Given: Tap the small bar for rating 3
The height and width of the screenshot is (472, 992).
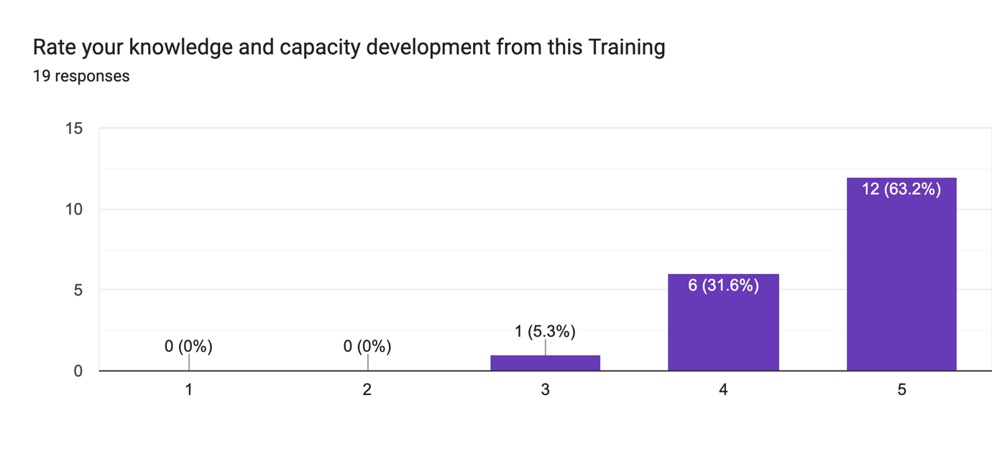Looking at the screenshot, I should (545, 363).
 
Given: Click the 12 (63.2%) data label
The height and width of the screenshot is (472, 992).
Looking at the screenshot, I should (901, 189).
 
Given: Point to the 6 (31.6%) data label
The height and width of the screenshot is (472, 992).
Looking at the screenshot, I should (723, 286).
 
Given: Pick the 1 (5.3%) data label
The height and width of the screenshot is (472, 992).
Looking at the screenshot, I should (545, 332).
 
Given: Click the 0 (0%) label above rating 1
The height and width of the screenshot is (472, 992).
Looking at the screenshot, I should (188, 347).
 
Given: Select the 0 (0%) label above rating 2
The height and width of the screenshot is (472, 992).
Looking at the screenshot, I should (367, 347).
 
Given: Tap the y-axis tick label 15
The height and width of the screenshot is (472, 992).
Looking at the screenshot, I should (74, 129).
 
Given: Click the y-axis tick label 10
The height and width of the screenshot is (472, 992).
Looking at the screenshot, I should (74, 209).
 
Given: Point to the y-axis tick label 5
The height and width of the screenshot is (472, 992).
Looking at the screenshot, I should (78, 291).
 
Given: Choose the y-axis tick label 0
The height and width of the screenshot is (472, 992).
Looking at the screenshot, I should (78, 371).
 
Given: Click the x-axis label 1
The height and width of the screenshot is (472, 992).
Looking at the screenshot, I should (188, 390).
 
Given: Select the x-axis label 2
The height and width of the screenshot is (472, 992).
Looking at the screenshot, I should (367, 390).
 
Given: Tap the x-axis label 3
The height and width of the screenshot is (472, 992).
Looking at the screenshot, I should (545, 390).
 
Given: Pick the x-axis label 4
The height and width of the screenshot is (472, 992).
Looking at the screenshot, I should (723, 390).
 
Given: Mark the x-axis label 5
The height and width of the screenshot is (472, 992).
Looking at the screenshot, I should (901, 390).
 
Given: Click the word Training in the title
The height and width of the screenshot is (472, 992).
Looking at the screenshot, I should (626, 47).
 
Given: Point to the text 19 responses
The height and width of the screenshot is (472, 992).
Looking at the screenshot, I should (81, 76).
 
